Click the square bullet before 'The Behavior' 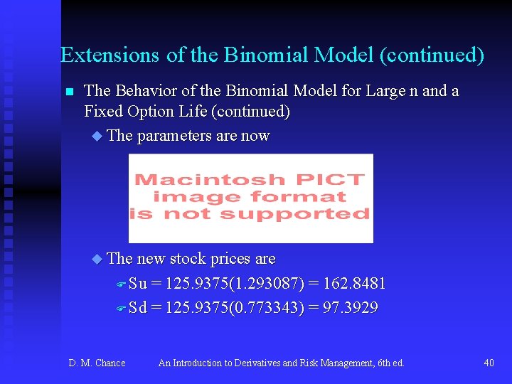coord(69,92)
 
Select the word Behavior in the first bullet coord(147,91)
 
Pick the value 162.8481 coord(353,284)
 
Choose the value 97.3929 coord(350,308)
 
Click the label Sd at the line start coord(138,308)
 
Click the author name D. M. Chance coord(97,363)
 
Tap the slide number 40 coord(489,363)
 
